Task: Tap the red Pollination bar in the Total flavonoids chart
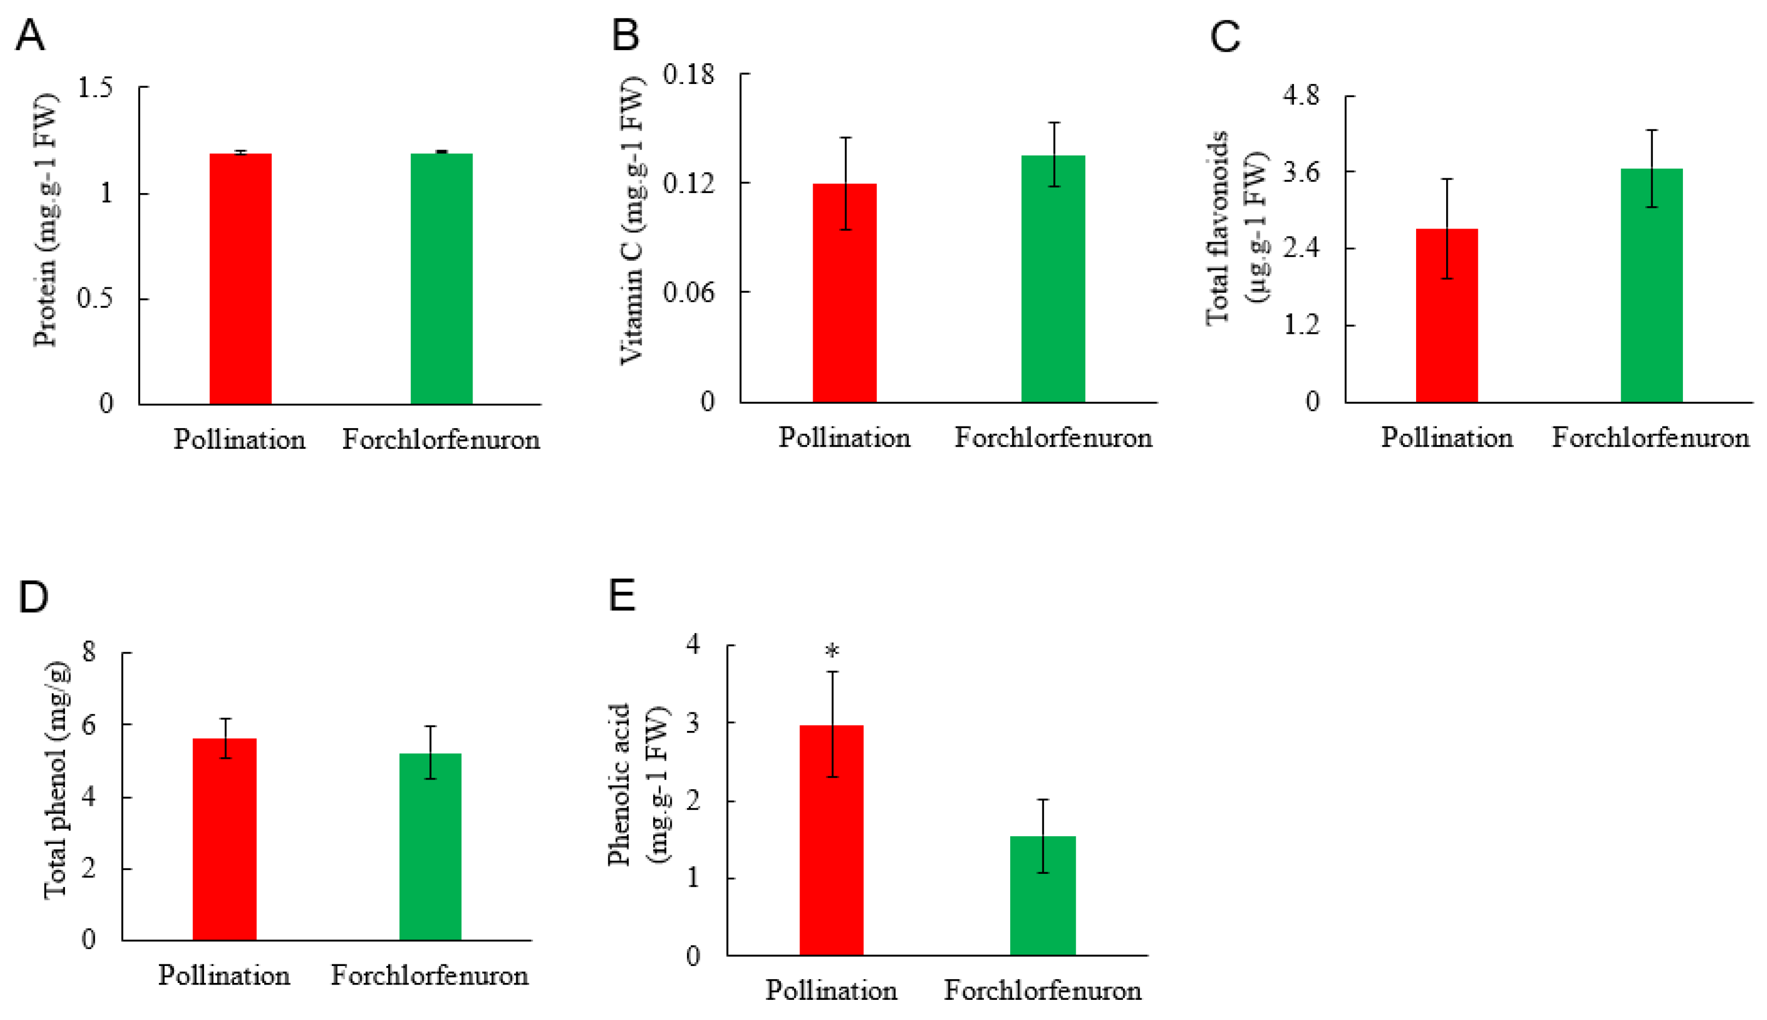(x=1446, y=315)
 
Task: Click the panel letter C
(x=1225, y=37)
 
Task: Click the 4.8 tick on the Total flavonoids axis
(x=1300, y=95)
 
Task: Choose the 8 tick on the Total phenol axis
(x=89, y=652)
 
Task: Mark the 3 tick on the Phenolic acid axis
(x=693, y=722)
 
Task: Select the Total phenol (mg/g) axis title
(x=56, y=781)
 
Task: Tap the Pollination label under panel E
(x=831, y=990)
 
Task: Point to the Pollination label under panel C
(x=1446, y=438)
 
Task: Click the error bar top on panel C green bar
(x=1651, y=130)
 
